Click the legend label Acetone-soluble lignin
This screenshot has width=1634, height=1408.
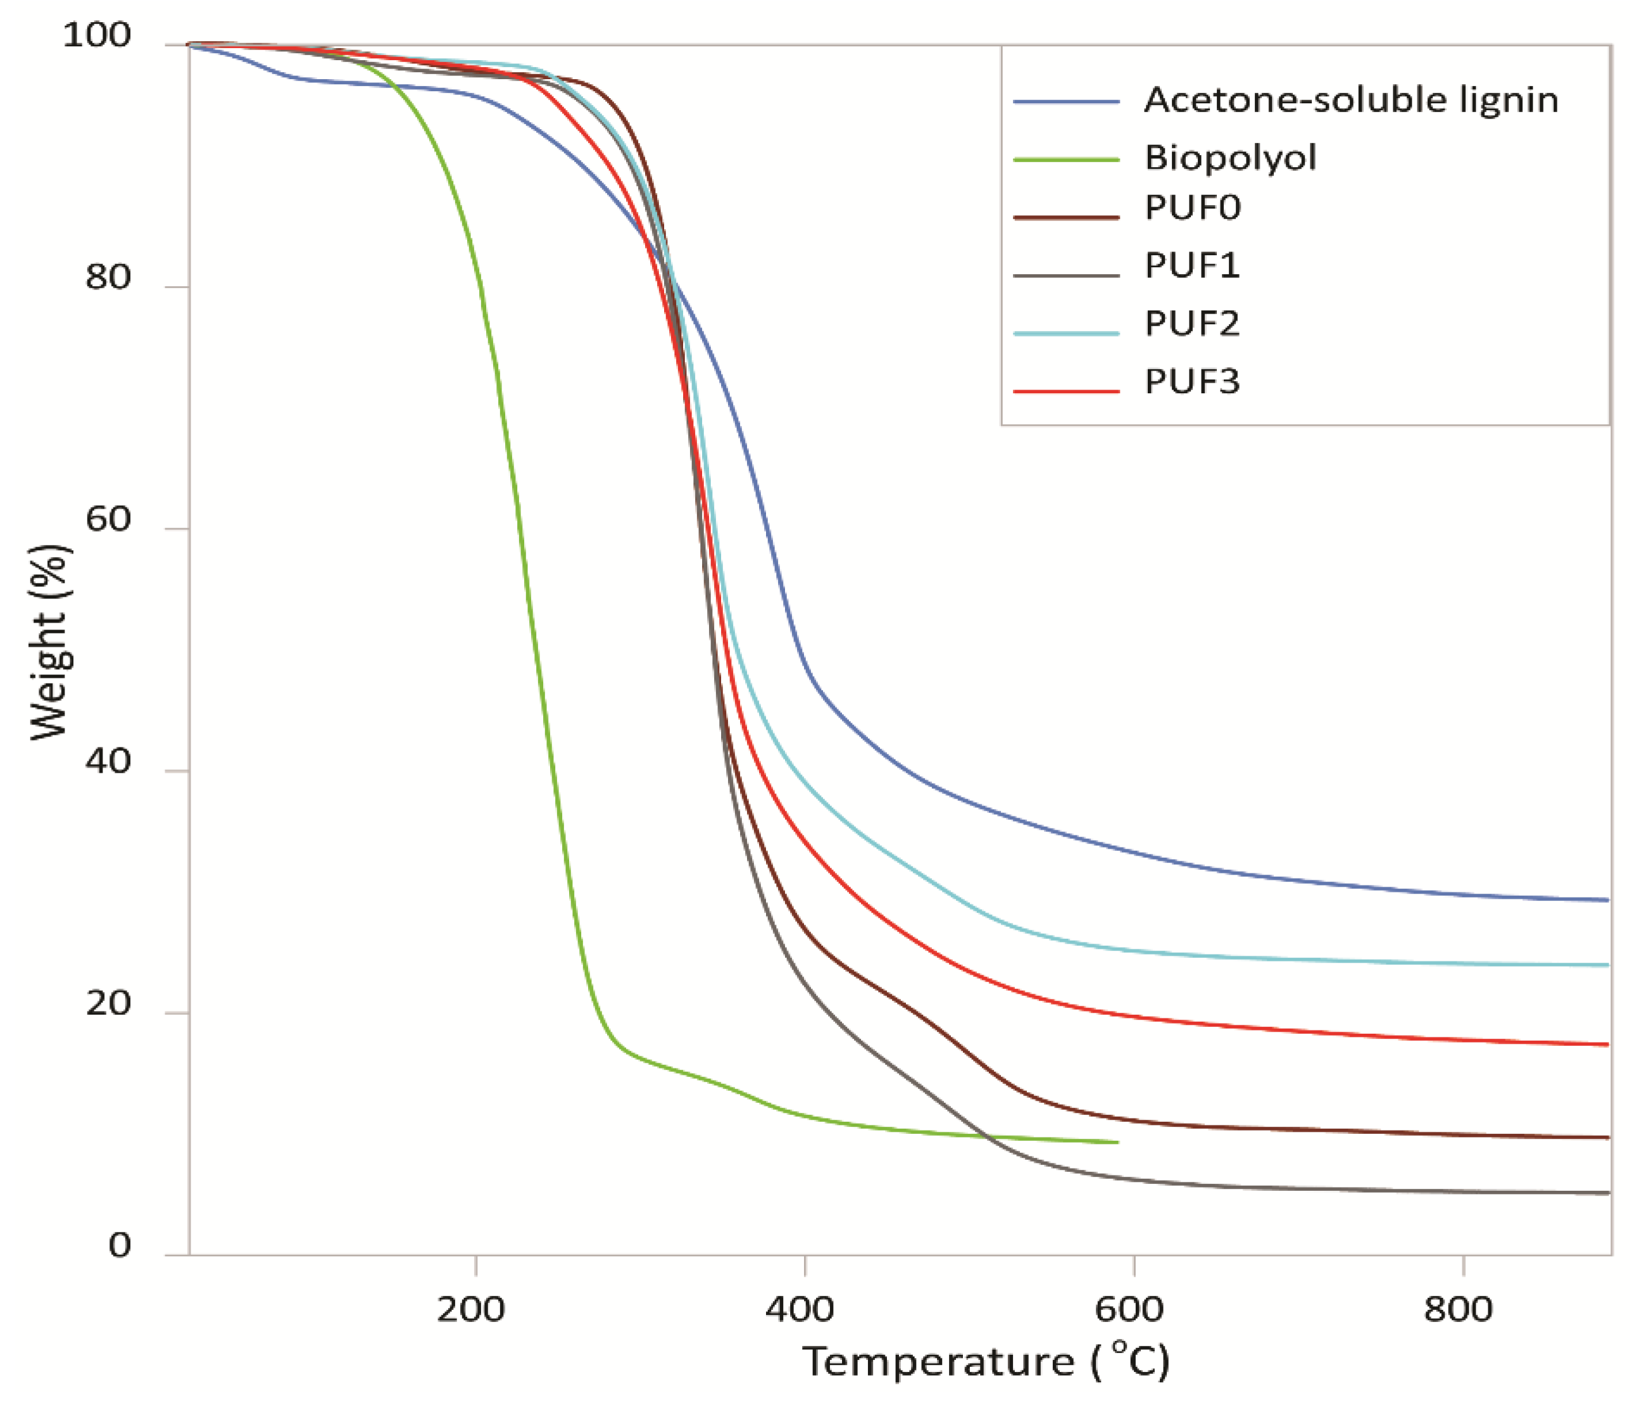[1351, 101]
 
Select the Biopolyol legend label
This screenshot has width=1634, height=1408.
[1230, 158]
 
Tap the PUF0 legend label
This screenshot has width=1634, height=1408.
[1192, 208]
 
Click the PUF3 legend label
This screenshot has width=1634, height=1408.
[1192, 382]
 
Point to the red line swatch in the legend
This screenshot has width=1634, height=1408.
[1066, 391]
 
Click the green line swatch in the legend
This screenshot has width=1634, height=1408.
[1066, 160]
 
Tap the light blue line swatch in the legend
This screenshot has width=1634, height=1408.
[1066, 334]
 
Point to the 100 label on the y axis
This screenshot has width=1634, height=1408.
[96, 35]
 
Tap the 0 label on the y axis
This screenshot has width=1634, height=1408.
[119, 1246]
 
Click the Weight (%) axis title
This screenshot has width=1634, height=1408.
[49, 642]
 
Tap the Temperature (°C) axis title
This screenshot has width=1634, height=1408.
[986, 1362]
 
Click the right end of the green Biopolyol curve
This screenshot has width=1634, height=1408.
[1117, 1141]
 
